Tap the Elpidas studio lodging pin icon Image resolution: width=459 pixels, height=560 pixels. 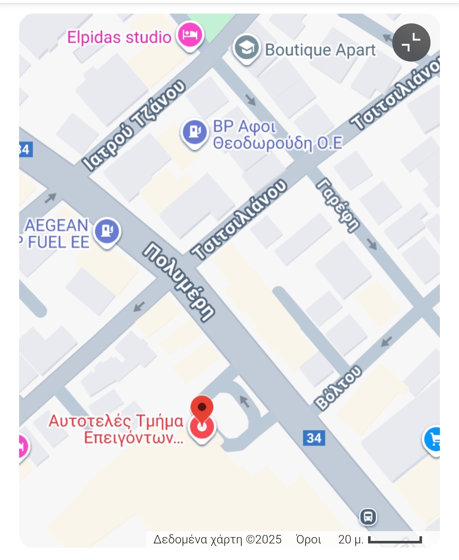190,36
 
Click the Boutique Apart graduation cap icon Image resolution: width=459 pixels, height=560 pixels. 246,48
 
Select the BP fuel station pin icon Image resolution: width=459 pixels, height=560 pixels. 194,132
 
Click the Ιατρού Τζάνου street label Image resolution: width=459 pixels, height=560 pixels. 134,125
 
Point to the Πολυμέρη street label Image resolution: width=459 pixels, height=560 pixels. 179,282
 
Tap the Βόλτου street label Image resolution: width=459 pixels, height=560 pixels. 338,388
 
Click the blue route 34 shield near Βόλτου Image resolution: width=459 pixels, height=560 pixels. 314,438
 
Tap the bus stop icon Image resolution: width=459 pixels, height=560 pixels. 368,517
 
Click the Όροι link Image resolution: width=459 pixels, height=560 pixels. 309,540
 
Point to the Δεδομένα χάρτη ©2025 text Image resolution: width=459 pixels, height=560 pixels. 217,540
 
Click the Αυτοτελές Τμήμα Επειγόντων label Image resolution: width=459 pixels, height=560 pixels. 116,429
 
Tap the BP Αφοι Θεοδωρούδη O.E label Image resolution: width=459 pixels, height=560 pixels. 277,135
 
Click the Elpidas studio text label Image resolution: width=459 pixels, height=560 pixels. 119,37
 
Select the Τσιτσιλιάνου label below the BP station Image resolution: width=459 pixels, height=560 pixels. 239,219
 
